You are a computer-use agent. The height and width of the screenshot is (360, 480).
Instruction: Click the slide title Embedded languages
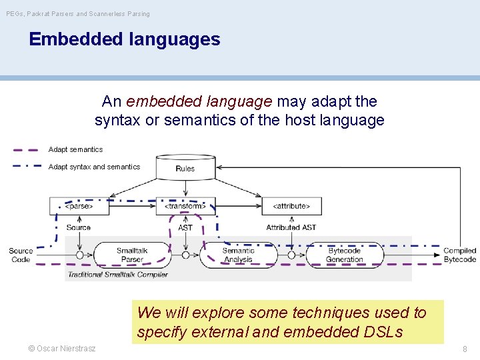pos(124,39)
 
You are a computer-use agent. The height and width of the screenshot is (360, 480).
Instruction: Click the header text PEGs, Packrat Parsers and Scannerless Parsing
pos(78,13)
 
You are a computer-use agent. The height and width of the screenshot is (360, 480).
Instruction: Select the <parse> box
pos(79,206)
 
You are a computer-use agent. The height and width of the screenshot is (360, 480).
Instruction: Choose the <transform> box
pos(185,206)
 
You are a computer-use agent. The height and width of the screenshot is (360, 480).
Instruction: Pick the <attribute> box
pos(291,206)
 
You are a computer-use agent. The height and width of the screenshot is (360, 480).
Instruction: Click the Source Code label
pos(21,255)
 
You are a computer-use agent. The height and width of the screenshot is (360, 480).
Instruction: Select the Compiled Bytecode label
pos(459,255)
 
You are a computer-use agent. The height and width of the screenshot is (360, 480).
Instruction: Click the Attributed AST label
pos(291,227)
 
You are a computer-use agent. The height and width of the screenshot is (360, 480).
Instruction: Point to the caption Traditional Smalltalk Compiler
pos(117,274)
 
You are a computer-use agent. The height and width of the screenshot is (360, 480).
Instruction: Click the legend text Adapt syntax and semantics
pos(94,167)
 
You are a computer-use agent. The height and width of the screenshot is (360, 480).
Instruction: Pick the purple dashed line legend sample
pos(25,150)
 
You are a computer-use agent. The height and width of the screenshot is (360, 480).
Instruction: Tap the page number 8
pos(464,348)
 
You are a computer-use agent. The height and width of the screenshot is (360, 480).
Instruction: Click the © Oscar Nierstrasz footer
pos(61,348)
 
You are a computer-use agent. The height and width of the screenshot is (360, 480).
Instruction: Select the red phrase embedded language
pos(199,101)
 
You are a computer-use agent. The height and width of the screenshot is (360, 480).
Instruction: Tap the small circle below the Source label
pos(79,255)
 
